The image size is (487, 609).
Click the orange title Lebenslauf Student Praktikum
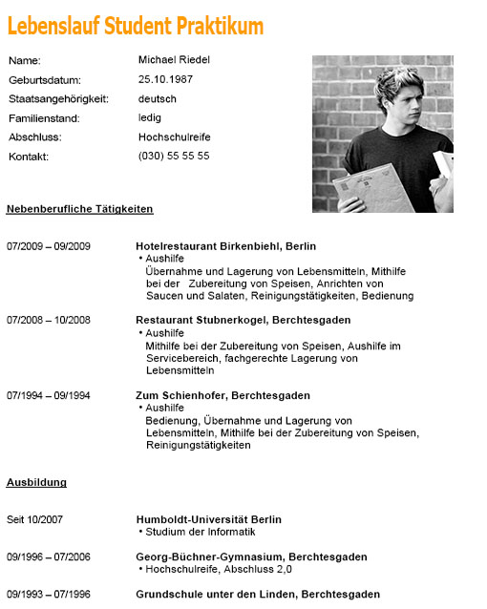(x=135, y=26)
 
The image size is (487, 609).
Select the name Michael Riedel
(x=174, y=60)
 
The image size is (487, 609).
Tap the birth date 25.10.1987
(x=165, y=79)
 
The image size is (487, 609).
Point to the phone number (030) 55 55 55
(x=174, y=156)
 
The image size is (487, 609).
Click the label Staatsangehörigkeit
(x=58, y=99)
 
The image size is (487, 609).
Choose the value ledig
(x=151, y=118)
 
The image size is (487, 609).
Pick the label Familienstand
(x=44, y=118)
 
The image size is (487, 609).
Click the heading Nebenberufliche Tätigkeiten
(x=79, y=208)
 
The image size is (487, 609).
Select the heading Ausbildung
(x=36, y=482)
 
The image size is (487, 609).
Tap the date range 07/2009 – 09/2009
(x=49, y=246)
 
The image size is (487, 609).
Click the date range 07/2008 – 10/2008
(x=49, y=320)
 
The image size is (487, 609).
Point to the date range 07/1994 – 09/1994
(x=49, y=395)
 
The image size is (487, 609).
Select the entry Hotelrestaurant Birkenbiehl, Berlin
(x=225, y=246)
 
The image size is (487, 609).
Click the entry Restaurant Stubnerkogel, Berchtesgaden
(x=243, y=320)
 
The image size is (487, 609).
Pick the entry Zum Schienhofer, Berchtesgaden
(x=222, y=395)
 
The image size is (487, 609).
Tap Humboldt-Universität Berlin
(x=208, y=519)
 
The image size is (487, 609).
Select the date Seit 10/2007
(x=34, y=519)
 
